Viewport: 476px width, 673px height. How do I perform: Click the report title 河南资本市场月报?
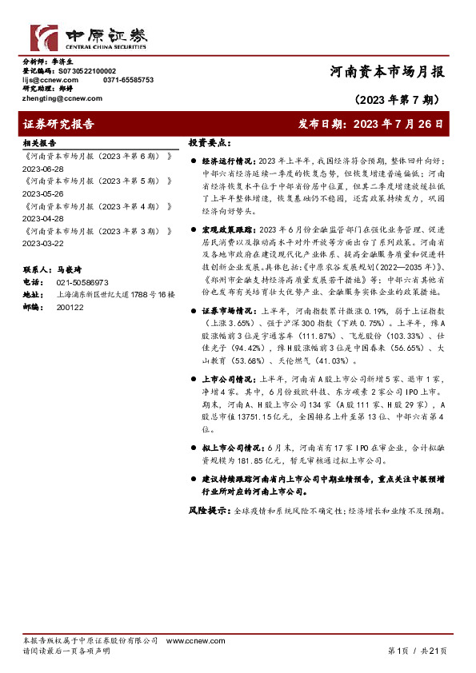coord(388,71)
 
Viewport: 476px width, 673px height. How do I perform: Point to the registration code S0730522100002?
coord(87,71)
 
